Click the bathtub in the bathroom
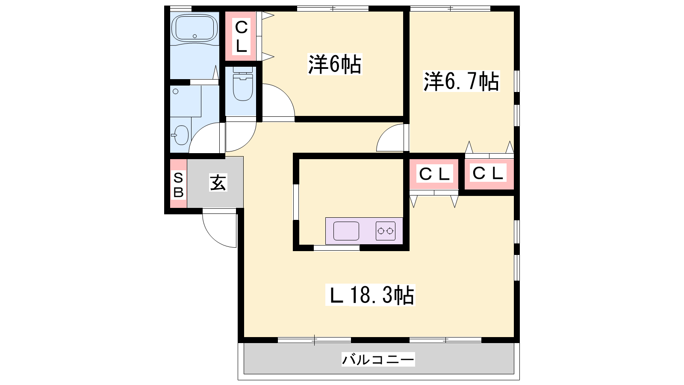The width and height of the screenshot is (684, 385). [x=195, y=28]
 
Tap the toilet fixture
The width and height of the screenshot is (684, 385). [x=243, y=83]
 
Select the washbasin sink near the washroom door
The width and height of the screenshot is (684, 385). [x=182, y=135]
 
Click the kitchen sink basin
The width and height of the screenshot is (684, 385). [x=346, y=231]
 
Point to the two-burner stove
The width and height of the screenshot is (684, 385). [x=385, y=231]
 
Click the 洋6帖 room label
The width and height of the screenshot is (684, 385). [x=335, y=65]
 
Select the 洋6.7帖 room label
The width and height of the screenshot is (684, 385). [x=461, y=81]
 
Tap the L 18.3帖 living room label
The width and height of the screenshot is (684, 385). [x=370, y=295]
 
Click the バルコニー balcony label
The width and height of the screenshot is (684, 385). [x=378, y=359]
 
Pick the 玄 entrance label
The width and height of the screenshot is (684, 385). [x=218, y=183]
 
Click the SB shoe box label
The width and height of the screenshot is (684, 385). [x=178, y=185]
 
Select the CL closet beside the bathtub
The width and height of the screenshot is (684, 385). [x=241, y=36]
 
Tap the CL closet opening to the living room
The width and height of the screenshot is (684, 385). [x=434, y=175]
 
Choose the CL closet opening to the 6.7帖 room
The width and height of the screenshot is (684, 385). [x=489, y=174]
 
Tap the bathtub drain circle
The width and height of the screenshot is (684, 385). [x=195, y=36]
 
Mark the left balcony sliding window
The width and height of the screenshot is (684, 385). [x=315, y=340]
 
